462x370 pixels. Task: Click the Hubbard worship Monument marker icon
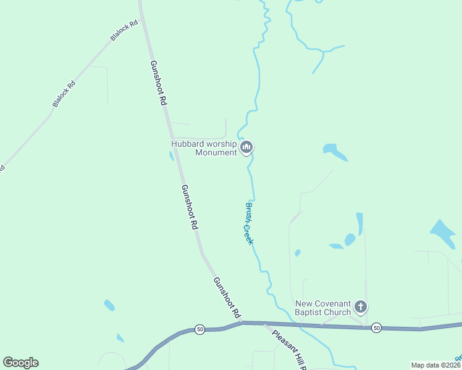(x=247, y=147)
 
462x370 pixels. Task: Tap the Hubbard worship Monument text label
(x=204, y=148)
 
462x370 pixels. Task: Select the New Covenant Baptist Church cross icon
(x=361, y=306)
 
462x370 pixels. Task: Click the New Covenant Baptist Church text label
(x=322, y=308)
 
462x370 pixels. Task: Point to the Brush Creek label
(x=249, y=223)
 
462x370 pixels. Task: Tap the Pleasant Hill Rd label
(x=289, y=349)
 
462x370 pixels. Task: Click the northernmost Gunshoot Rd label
(x=159, y=82)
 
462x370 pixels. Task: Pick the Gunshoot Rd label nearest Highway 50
(x=227, y=297)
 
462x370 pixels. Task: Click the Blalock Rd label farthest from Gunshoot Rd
(x=64, y=94)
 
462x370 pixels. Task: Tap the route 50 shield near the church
(x=377, y=327)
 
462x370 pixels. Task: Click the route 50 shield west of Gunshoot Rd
(x=199, y=330)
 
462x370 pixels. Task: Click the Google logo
(x=20, y=363)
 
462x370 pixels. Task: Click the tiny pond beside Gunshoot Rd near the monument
(x=171, y=156)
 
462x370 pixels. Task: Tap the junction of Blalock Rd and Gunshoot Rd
(x=143, y=18)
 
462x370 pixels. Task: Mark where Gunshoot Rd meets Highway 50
(x=243, y=322)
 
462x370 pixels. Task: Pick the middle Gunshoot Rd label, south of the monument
(x=189, y=207)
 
